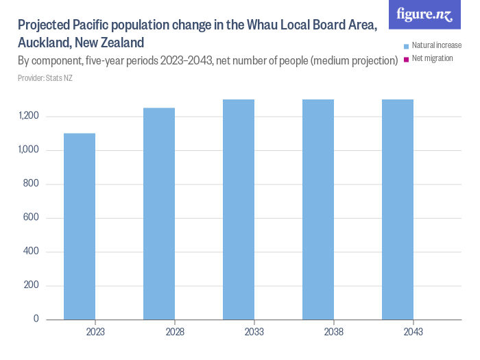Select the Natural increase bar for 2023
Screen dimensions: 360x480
[79, 226]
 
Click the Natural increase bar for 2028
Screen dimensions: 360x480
[158, 213]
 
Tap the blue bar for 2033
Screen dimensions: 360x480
[238, 209]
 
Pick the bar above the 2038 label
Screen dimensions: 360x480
[318, 209]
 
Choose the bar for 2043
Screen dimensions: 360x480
[398, 209]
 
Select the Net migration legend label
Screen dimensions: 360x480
[432, 58]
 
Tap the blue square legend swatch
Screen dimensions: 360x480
[407, 46]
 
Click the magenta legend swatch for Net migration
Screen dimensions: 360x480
[407, 59]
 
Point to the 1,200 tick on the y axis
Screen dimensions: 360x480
[28, 117]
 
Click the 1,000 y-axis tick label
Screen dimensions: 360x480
[28, 150]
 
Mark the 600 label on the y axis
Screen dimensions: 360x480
[32, 218]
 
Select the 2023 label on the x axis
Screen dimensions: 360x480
[95, 332]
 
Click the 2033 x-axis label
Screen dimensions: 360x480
[254, 332]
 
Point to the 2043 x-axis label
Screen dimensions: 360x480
[413, 332]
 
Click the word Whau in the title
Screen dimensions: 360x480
[270, 25]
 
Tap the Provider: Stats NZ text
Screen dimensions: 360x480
[45, 78]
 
